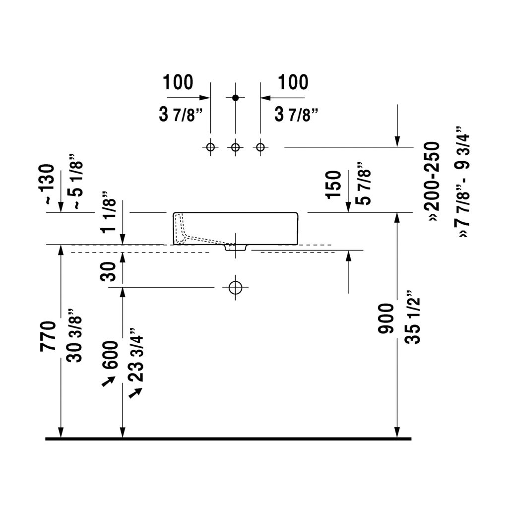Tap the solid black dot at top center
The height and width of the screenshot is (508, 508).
(x=236, y=98)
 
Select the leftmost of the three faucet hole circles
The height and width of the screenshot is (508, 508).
(x=210, y=147)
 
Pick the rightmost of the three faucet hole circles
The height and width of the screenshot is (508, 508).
(x=260, y=147)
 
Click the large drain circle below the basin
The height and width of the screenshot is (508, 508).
(x=236, y=287)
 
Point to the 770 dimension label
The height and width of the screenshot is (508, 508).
(x=48, y=336)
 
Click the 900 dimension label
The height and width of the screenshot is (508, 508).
(x=386, y=318)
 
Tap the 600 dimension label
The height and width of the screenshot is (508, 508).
(x=110, y=355)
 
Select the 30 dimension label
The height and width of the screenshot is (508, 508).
(x=108, y=271)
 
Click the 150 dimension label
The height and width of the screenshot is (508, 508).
(x=334, y=185)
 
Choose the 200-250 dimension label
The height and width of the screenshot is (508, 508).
(x=433, y=182)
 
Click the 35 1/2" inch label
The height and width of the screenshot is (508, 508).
(x=412, y=317)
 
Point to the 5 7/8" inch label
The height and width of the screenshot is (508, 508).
(x=363, y=184)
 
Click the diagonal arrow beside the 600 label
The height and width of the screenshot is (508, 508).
(x=108, y=381)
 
